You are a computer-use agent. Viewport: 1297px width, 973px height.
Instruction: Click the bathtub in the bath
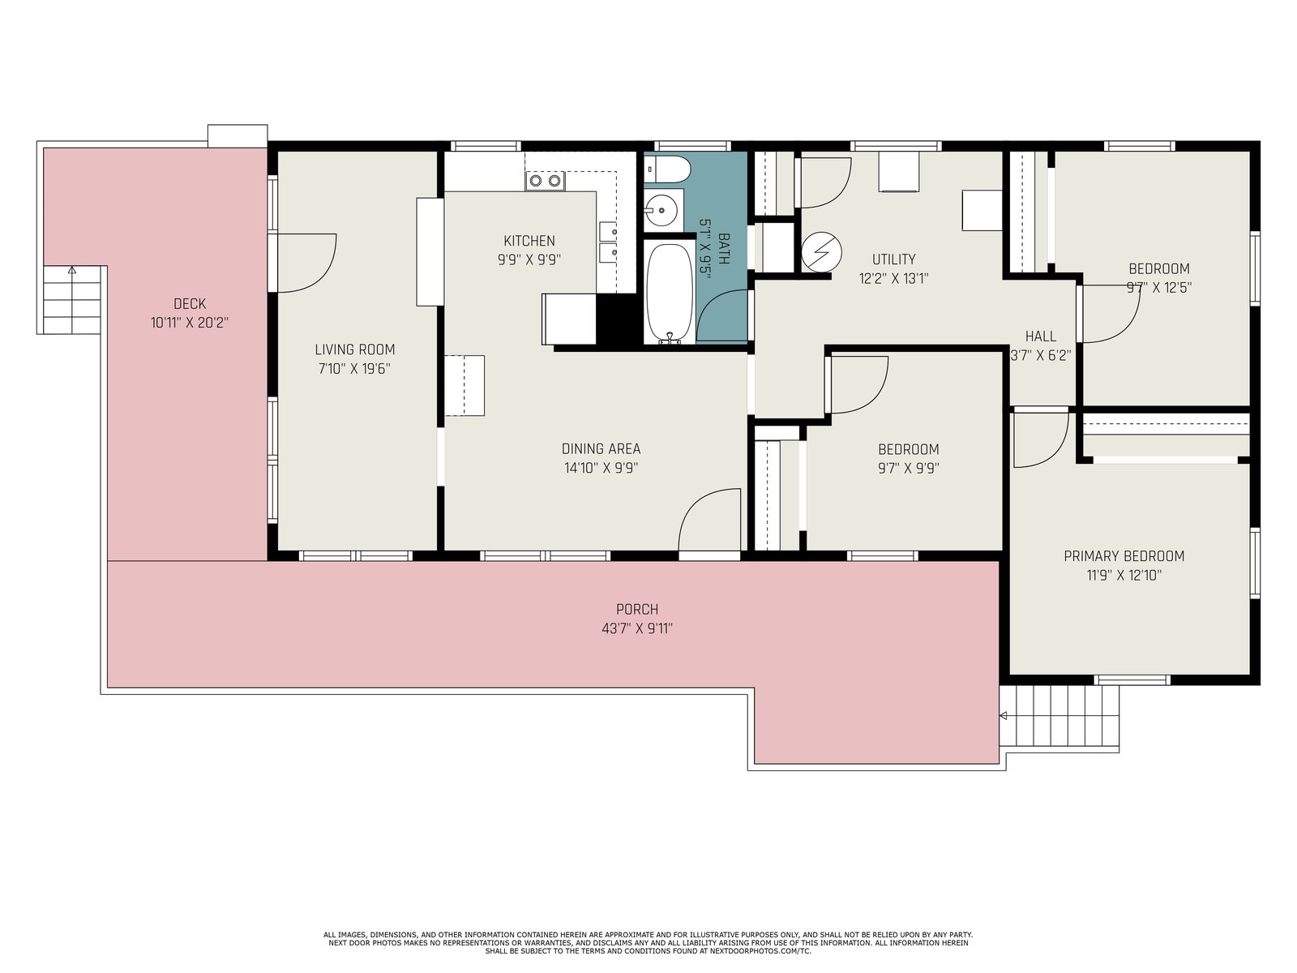(x=669, y=293)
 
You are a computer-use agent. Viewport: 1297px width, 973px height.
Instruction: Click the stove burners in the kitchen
(x=545, y=181)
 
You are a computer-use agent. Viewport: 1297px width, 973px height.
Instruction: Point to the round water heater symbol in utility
(x=821, y=252)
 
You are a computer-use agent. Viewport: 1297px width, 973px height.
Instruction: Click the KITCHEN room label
(x=529, y=241)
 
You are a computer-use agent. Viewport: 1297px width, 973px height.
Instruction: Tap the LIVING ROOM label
(x=354, y=349)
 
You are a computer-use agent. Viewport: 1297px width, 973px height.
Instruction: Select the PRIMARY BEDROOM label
(x=1124, y=556)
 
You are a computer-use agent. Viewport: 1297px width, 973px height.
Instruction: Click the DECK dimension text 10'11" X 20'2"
(x=190, y=323)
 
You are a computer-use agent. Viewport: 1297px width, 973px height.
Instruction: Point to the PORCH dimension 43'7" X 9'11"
(x=637, y=628)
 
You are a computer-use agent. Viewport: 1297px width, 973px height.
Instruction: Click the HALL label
(x=1041, y=336)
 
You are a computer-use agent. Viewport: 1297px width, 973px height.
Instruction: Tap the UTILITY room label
(x=894, y=259)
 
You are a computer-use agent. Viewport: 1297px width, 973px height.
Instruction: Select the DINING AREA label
(x=601, y=448)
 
